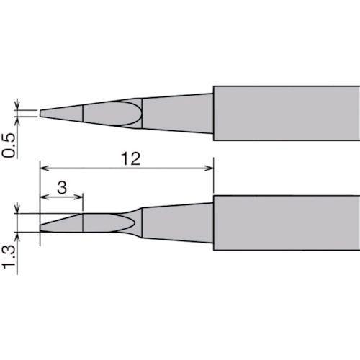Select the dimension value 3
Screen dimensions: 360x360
[62, 186]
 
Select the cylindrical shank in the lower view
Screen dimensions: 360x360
[286, 222]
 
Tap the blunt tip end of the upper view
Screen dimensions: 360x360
[41, 113]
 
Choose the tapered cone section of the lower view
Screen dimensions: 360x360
[176, 222]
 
